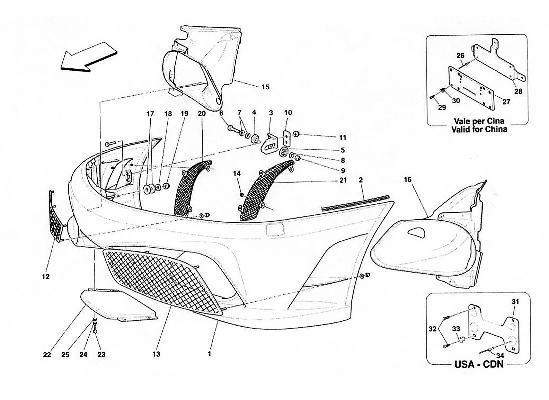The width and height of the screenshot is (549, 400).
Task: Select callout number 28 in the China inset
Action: (x=518, y=91)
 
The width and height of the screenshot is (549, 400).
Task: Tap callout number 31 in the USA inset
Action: (x=515, y=301)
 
